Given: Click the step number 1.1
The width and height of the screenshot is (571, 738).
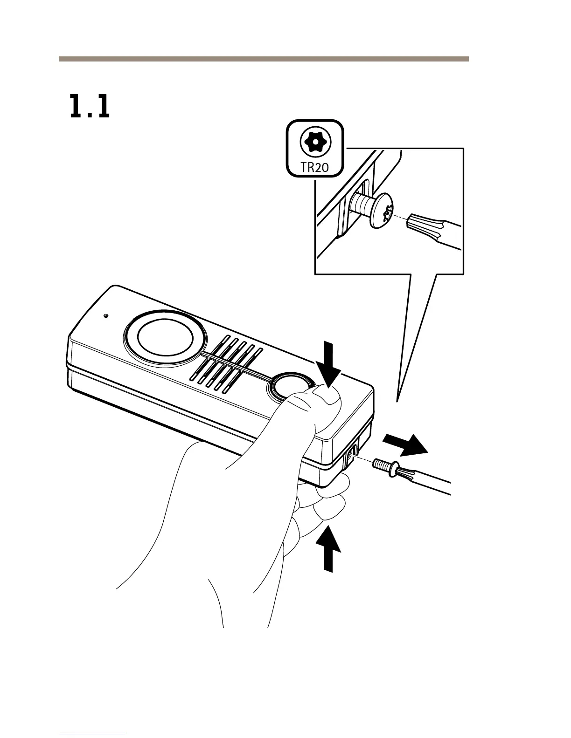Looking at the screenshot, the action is click(90, 107).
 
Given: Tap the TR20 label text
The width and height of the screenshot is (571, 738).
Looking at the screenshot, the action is click(315, 167).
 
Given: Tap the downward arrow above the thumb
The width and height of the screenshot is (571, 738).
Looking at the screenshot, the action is click(330, 364).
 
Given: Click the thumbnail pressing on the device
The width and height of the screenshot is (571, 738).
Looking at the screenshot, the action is click(327, 396).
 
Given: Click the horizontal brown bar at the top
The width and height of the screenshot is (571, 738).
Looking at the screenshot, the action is click(263, 59).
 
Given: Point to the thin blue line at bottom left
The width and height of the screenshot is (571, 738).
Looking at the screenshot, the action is click(93, 734).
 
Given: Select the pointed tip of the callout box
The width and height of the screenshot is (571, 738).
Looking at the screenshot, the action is click(397, 400).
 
